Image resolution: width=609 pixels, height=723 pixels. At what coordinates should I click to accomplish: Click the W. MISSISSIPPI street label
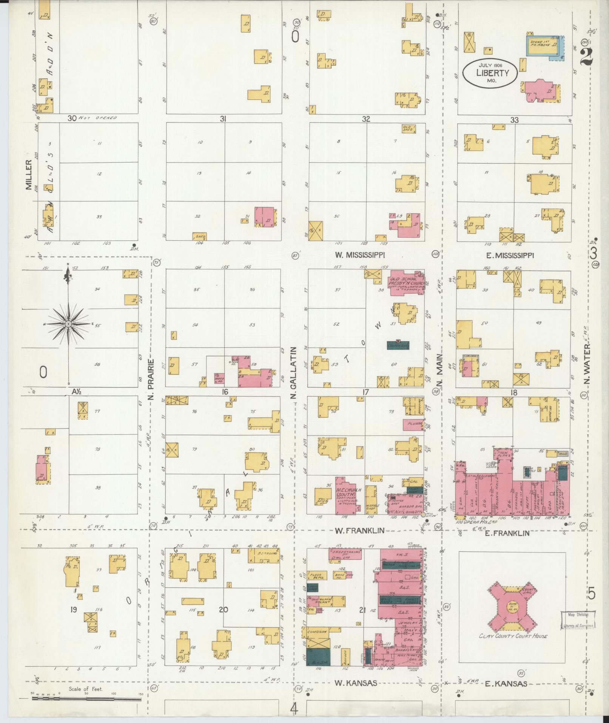pyautogui.click(x=359, y=255)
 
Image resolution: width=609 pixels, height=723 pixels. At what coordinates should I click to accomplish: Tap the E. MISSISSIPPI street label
pyautogui.click(x=510, y=255)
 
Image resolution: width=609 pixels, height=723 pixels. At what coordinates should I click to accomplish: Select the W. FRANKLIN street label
pyautogui.click(x=359, y=530)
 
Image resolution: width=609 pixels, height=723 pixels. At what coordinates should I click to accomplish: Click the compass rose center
pyautogui.click(x=68, y=324)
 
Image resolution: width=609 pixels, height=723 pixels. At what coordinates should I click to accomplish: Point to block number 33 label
pyautogui.click(x=514, y=120)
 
